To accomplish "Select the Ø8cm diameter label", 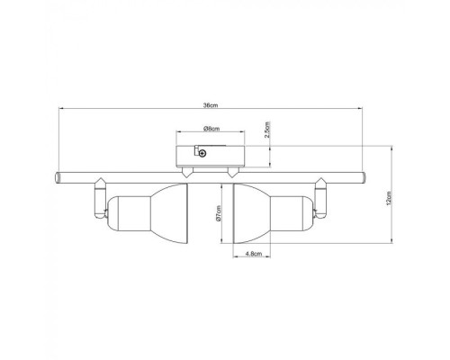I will (x=211, y=129).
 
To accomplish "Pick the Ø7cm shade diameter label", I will (x=220, y=213).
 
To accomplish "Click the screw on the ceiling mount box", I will (x=202, y=154).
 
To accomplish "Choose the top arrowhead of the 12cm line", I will (x=393, y=147).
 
